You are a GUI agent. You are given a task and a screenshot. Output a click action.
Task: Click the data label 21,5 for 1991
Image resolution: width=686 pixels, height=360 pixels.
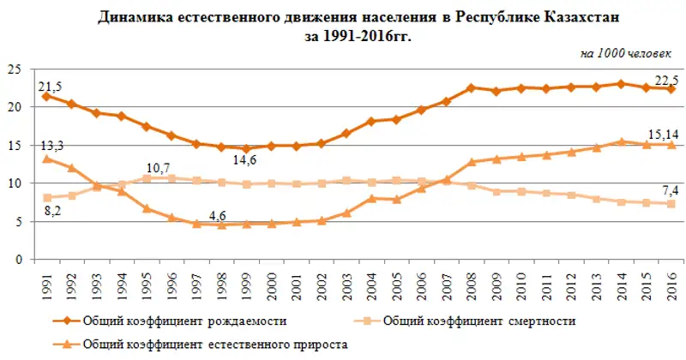click(x=51, y=85)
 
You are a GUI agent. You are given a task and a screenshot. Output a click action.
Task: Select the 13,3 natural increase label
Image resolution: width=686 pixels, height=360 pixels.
click(x=51, y=147)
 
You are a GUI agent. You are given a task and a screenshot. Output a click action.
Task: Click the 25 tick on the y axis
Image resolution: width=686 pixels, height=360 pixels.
click(x=15, y=69)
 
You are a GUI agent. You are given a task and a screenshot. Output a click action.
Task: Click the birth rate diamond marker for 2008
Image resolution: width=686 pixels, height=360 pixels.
click(x=471, y=88)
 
